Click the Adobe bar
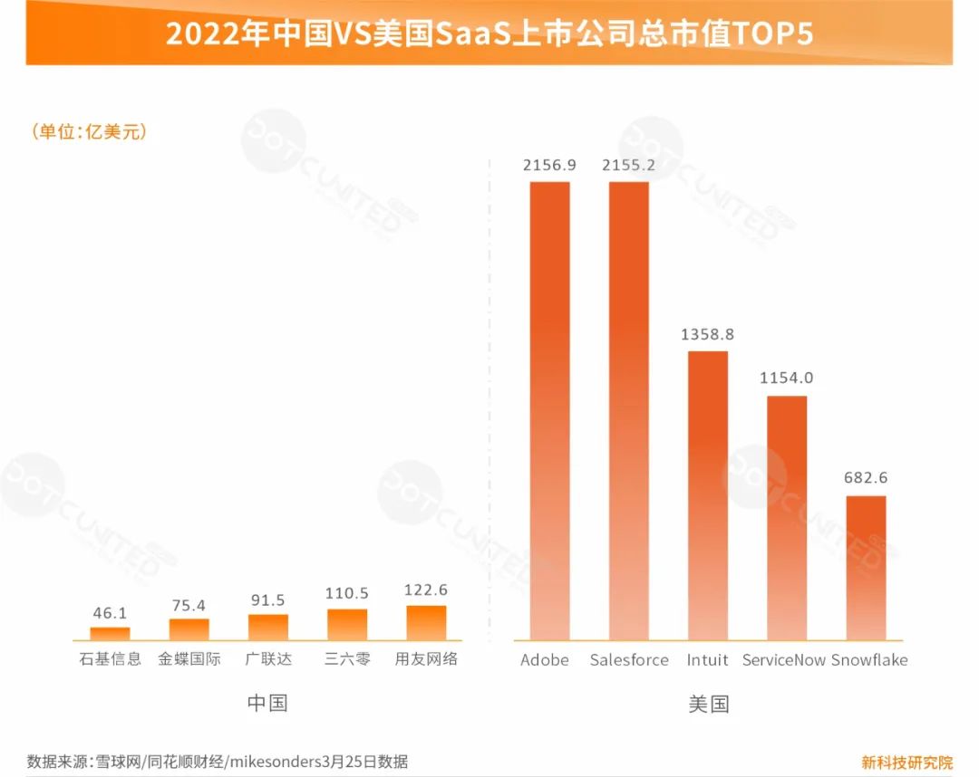tap(549, 410)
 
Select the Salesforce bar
tap(628, 410)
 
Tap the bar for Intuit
tap(707, 495)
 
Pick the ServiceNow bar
tap(786, 518)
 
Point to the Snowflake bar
tap(865, 568)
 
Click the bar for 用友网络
tap(426, 623)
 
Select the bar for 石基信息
tap(111, 633)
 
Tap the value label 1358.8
tap(707, 334)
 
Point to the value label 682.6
tap(865, 478)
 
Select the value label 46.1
tap(111, 612)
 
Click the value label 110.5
tap(347, 593)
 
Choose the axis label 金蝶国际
tap(189, 659)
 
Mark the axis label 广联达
tap(268, 659)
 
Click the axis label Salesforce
tap(628, 660)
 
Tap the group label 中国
tap(267, 703)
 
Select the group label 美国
tap(708, 704)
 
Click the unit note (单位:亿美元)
tap(89, 131)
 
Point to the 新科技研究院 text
tap(906, 762)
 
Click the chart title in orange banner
tap(489, 34)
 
